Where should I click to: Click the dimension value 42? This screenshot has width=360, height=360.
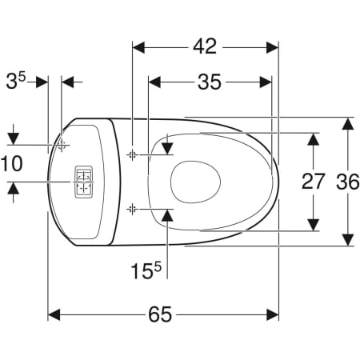(x=205, y=46)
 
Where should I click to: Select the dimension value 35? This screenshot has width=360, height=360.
(x=210, y=82)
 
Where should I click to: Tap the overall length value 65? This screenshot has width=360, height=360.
(x=160, y=314)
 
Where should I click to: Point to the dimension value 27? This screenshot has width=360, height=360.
(x=313, y=182)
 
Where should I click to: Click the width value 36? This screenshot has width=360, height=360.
(x=348, y=182)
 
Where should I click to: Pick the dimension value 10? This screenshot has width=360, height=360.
(x=12, y=164)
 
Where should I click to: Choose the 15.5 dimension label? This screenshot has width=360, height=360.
(x=146, y=270)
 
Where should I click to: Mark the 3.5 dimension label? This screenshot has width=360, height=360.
(x=16, y=81)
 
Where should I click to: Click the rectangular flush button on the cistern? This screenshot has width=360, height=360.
(x=84, y=182)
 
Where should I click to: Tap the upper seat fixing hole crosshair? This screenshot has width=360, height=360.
(x=132, y=154)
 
